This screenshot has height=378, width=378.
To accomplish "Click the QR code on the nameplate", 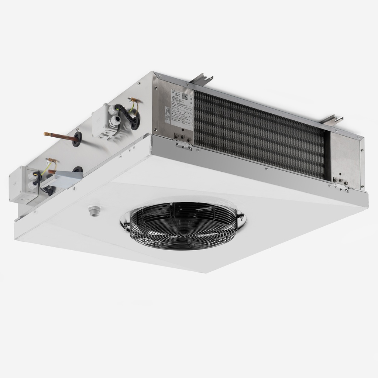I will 185,97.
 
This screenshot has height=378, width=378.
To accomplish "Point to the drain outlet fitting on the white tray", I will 94,211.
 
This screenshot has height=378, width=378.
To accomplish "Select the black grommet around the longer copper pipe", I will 78,138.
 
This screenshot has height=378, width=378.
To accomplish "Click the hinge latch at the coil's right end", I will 342,186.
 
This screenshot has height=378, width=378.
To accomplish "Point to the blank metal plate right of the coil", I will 345,159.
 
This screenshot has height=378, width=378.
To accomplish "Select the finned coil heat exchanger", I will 258,133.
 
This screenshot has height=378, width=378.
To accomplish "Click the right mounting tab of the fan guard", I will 241,219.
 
